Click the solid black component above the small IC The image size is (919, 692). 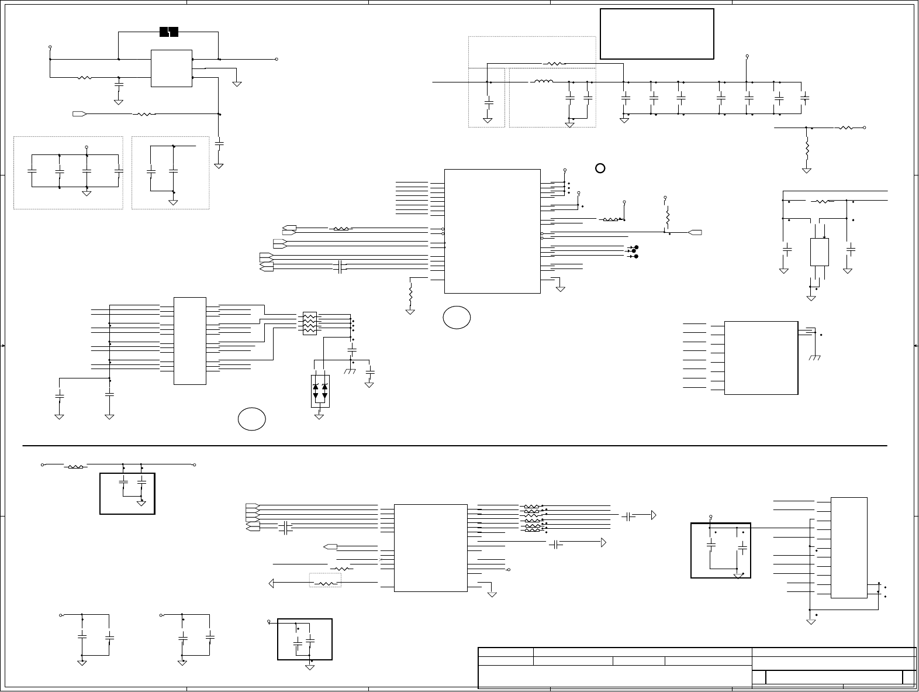(169, 32)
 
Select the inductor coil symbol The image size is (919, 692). (543, 82)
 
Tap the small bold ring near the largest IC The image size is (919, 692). (600, 168)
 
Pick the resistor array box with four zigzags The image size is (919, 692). (309, 323)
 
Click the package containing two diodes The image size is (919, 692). (320, 391)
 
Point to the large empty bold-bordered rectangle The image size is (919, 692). (657, 34)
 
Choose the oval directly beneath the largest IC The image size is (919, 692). (457, 316)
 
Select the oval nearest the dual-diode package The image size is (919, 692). (252, 419)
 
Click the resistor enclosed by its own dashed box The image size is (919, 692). (325, 583)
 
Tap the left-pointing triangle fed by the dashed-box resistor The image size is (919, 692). (272, 583)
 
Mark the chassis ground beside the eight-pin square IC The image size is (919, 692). (814, 357)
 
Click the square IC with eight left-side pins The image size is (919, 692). (761, 357)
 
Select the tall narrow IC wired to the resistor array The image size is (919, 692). (190, 340)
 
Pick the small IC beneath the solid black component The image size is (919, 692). (171, 68)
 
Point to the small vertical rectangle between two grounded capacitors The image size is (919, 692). (819, 252)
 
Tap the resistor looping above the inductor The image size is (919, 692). (554, 63)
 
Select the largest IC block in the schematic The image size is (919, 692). (492, 231)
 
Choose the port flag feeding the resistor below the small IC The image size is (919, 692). (80, 113)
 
